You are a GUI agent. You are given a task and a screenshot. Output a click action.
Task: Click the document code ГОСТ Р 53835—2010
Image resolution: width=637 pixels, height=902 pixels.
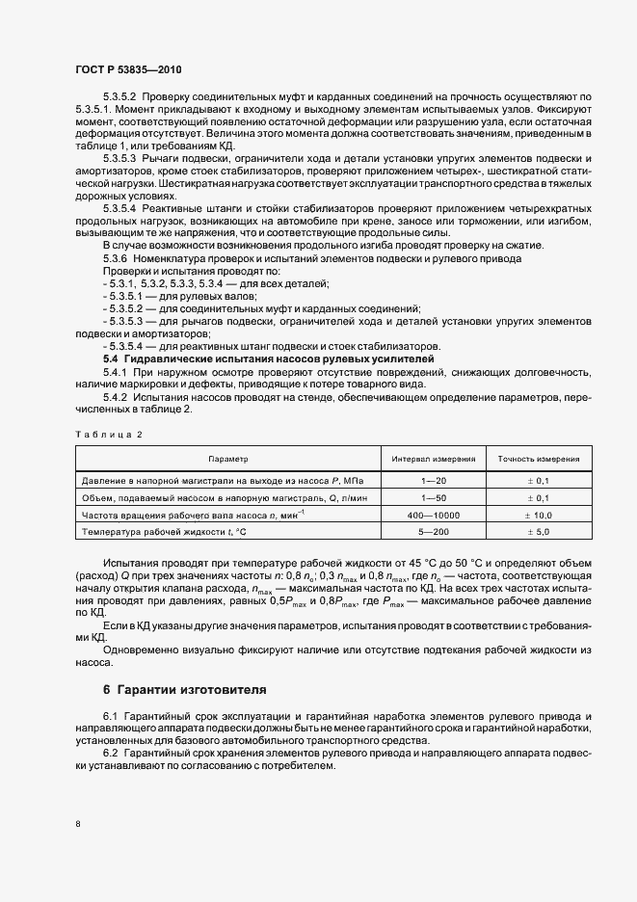tap(129, 69)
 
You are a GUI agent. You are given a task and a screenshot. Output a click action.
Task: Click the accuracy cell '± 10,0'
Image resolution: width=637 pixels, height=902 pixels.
tap(539, 515)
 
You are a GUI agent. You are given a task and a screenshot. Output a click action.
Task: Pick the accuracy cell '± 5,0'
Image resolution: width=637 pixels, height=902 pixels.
tap(539, 532)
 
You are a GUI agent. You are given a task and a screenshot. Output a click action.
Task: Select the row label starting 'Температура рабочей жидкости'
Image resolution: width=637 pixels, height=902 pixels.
tap(165, 532)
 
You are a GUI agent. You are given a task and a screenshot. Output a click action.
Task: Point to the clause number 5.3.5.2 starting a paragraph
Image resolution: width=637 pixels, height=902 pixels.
tap(119, 98)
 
